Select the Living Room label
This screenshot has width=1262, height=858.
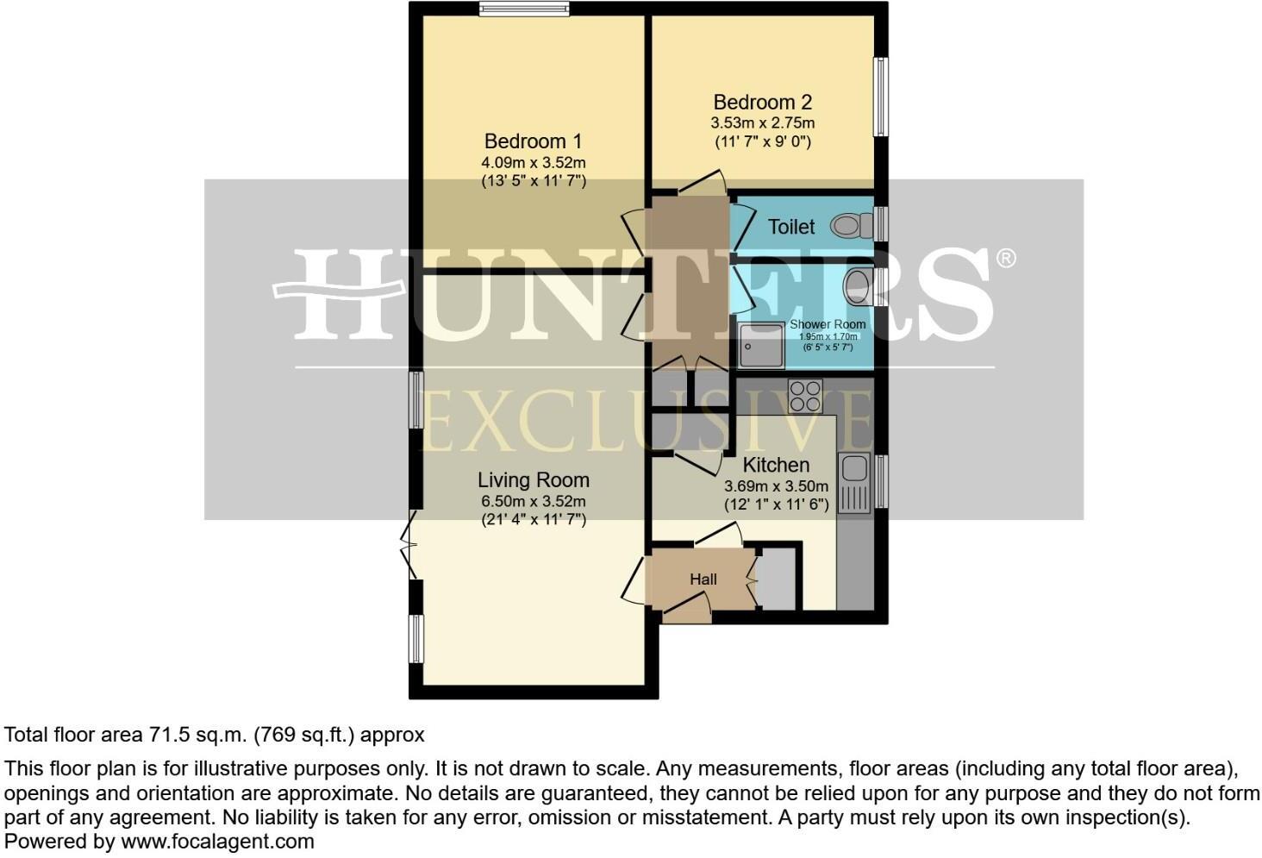(x=534, y=480)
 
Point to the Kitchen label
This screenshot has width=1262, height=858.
(x=776, y=466)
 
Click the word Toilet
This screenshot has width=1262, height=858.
(x=791, y=227)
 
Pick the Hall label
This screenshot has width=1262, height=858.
(x=703, y=579)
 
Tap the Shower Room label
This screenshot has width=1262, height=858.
(x=828, y=324)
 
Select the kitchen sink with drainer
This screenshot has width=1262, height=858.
(x=855, y=482)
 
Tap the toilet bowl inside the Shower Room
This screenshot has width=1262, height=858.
(x=857, y=285)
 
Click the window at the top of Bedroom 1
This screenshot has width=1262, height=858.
(x=526, y=9)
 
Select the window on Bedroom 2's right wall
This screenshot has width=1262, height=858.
(x=881, y=97)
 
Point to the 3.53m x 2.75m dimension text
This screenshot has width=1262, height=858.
(x=762, y=123)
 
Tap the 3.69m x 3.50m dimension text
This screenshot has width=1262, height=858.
(x=776, y=486)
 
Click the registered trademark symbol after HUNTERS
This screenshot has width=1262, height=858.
(x=1005, y=258)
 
